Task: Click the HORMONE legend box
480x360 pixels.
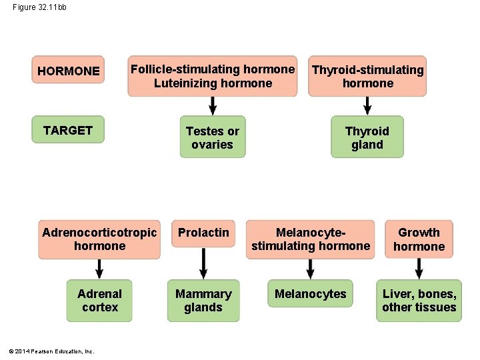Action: (69, 71)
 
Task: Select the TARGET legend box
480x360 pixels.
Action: (69, 130)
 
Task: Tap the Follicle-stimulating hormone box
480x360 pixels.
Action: (213, 76)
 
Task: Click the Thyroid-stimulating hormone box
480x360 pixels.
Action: (367, 76)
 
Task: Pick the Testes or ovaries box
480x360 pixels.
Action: (213, 137)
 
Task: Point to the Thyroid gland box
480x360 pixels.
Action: (367, 137)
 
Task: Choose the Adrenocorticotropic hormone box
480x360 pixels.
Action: (99, 239)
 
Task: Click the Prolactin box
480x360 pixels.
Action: (203, 239)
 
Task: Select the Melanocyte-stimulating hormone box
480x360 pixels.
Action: (311, 239)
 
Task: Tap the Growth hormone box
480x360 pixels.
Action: (419, 239)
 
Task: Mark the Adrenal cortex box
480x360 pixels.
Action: (99, 301)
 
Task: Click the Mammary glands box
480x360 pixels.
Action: (203, 301)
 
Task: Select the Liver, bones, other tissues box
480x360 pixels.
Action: (419, 301)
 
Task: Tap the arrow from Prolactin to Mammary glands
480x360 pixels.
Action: (203, 269)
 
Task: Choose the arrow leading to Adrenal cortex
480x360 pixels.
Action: (99, 269)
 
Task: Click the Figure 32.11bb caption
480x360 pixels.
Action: (39, 7)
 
